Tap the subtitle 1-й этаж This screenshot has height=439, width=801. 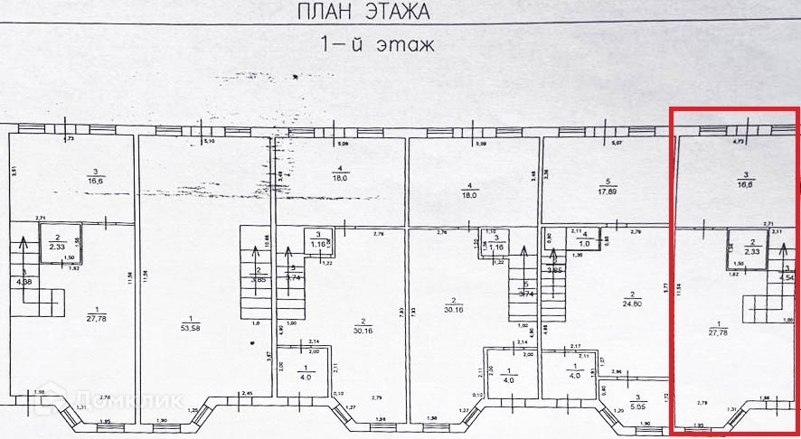pos(378,43)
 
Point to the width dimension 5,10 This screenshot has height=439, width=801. pos(209,142)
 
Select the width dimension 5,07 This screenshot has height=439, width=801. pos(617,143)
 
